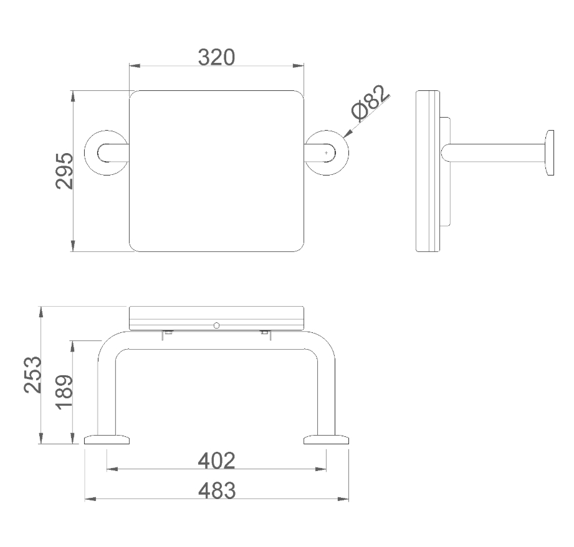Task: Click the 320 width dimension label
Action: click(216, 57)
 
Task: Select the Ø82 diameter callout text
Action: click(370, 103)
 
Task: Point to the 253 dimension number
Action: click(33, 375)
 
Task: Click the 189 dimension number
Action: click(64, 391)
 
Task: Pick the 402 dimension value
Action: click(216, 461)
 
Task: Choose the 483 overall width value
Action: click(217, 491)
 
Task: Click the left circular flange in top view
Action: click(90, 153)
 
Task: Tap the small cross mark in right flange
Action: click(326, 153)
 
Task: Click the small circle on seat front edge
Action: click(216, 325)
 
